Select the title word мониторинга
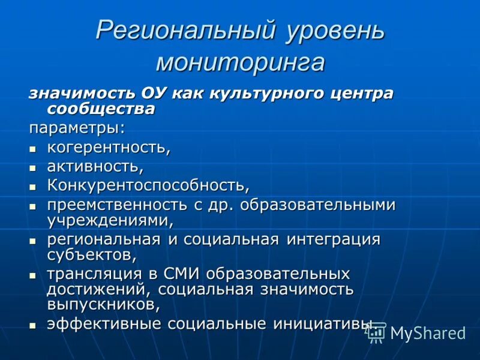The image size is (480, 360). (240, 62)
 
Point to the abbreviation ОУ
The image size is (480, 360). (155, 94)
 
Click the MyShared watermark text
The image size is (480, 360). (428, 334)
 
